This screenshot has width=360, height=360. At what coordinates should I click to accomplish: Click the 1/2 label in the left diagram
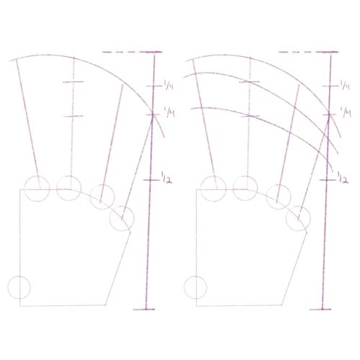[x=166, y=178]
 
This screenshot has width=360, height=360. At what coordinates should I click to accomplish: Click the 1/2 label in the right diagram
[x=343, y=178]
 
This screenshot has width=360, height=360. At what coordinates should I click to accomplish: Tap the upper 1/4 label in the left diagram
[x=168, y=85]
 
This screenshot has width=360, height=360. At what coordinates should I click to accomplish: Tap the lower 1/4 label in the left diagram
[x=169, y=112]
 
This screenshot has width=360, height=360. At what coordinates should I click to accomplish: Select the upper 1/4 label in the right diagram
[x=345, y=85]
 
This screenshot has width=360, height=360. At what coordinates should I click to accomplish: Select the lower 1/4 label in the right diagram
[x=346, y=112]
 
